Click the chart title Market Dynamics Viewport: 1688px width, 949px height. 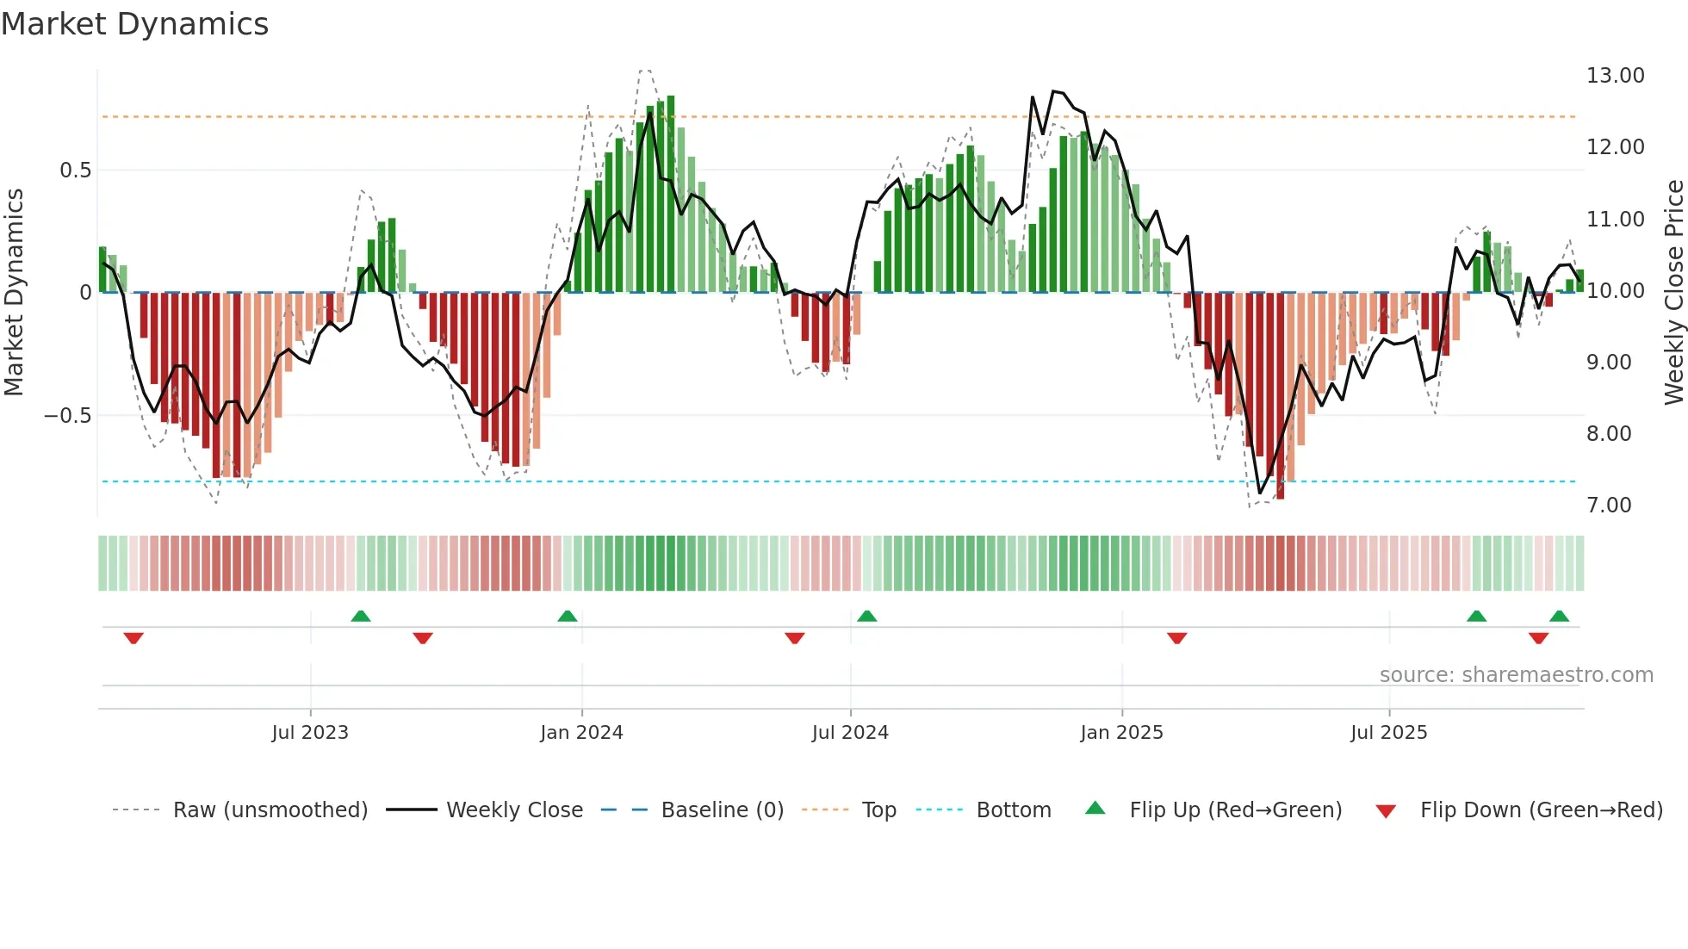pos(135,24)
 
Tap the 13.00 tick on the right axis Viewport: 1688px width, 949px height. pos(1615,76)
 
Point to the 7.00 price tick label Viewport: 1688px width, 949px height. pos(1609,506)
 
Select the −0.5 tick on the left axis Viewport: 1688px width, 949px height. pos(67,416)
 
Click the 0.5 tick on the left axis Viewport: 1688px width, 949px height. pos(75,171)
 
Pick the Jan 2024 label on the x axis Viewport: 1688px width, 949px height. pos(581,733)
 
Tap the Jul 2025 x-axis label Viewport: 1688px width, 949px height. pos(1388,733)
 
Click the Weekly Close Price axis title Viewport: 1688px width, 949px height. pos(1673,293)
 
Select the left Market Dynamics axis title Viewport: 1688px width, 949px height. pos(14,293)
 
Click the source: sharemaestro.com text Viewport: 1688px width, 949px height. pos(1516,675)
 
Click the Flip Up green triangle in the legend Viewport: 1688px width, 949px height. pos(1095,808)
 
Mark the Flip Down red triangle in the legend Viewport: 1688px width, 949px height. pos(1386,811)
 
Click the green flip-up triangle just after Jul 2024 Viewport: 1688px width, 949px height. pos(867,617)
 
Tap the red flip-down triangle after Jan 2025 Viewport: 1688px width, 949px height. pos(1177,638)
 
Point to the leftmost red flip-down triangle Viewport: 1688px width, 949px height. pos(133,638)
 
